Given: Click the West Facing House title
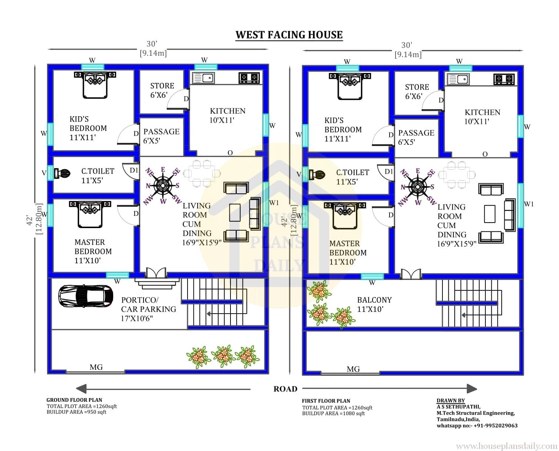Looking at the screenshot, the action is pyautogui.click(x=289, y=35).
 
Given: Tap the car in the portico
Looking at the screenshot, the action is pyautogui.click(x=86, y=296).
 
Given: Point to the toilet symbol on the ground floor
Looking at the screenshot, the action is pyautogui.click(x=62, y=173).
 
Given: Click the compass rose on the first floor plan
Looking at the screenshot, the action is pyautogui.click(x=417, y=187).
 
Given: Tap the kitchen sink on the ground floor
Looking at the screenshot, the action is pyautogui.click(x=203, y=78).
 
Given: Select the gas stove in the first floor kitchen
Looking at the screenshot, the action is pyautogui.click(x=504, y=79).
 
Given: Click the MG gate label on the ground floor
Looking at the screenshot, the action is pyautogui.click(x=96, y=367).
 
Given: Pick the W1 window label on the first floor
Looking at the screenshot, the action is pyautogui.click(x=529, y=204).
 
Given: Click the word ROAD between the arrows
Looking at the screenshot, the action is pyautogui.click(x=285, y=389).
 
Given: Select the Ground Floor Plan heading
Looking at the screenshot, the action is pyautogui.click(x=74, y=400).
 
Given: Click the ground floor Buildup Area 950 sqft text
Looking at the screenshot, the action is pyautogui.click(x=76, y=412).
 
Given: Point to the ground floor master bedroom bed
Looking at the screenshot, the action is pyautogui.click(x=90, y=214).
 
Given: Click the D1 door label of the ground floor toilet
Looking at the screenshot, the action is pyautogui.click(x=134, y=170).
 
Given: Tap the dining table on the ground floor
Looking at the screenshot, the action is pyautogui.click(x=202, y=174).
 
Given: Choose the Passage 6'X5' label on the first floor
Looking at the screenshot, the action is pyautogui.click(x=416, y=137).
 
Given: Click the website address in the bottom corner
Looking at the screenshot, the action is pyautogui.click(x=507, y=446).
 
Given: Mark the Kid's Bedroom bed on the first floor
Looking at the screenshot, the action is pyautogui.click(x=350, y=86).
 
